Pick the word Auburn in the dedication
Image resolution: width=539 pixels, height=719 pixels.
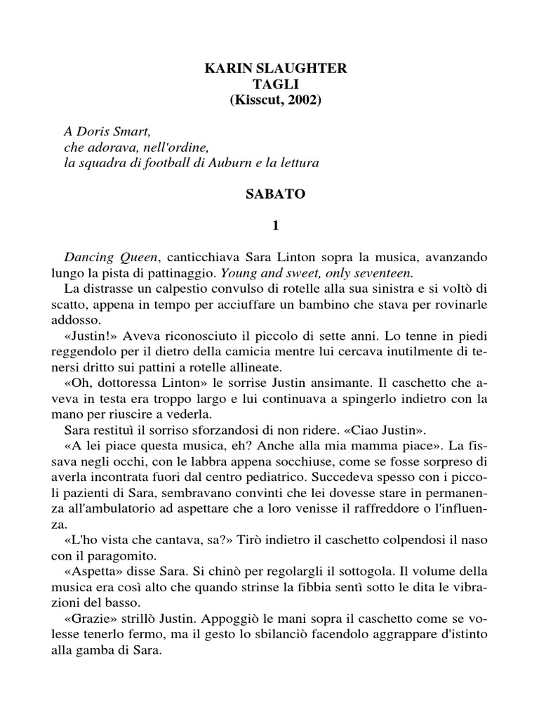[234, 163]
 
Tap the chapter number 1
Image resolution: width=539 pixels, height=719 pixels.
[275, 226]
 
